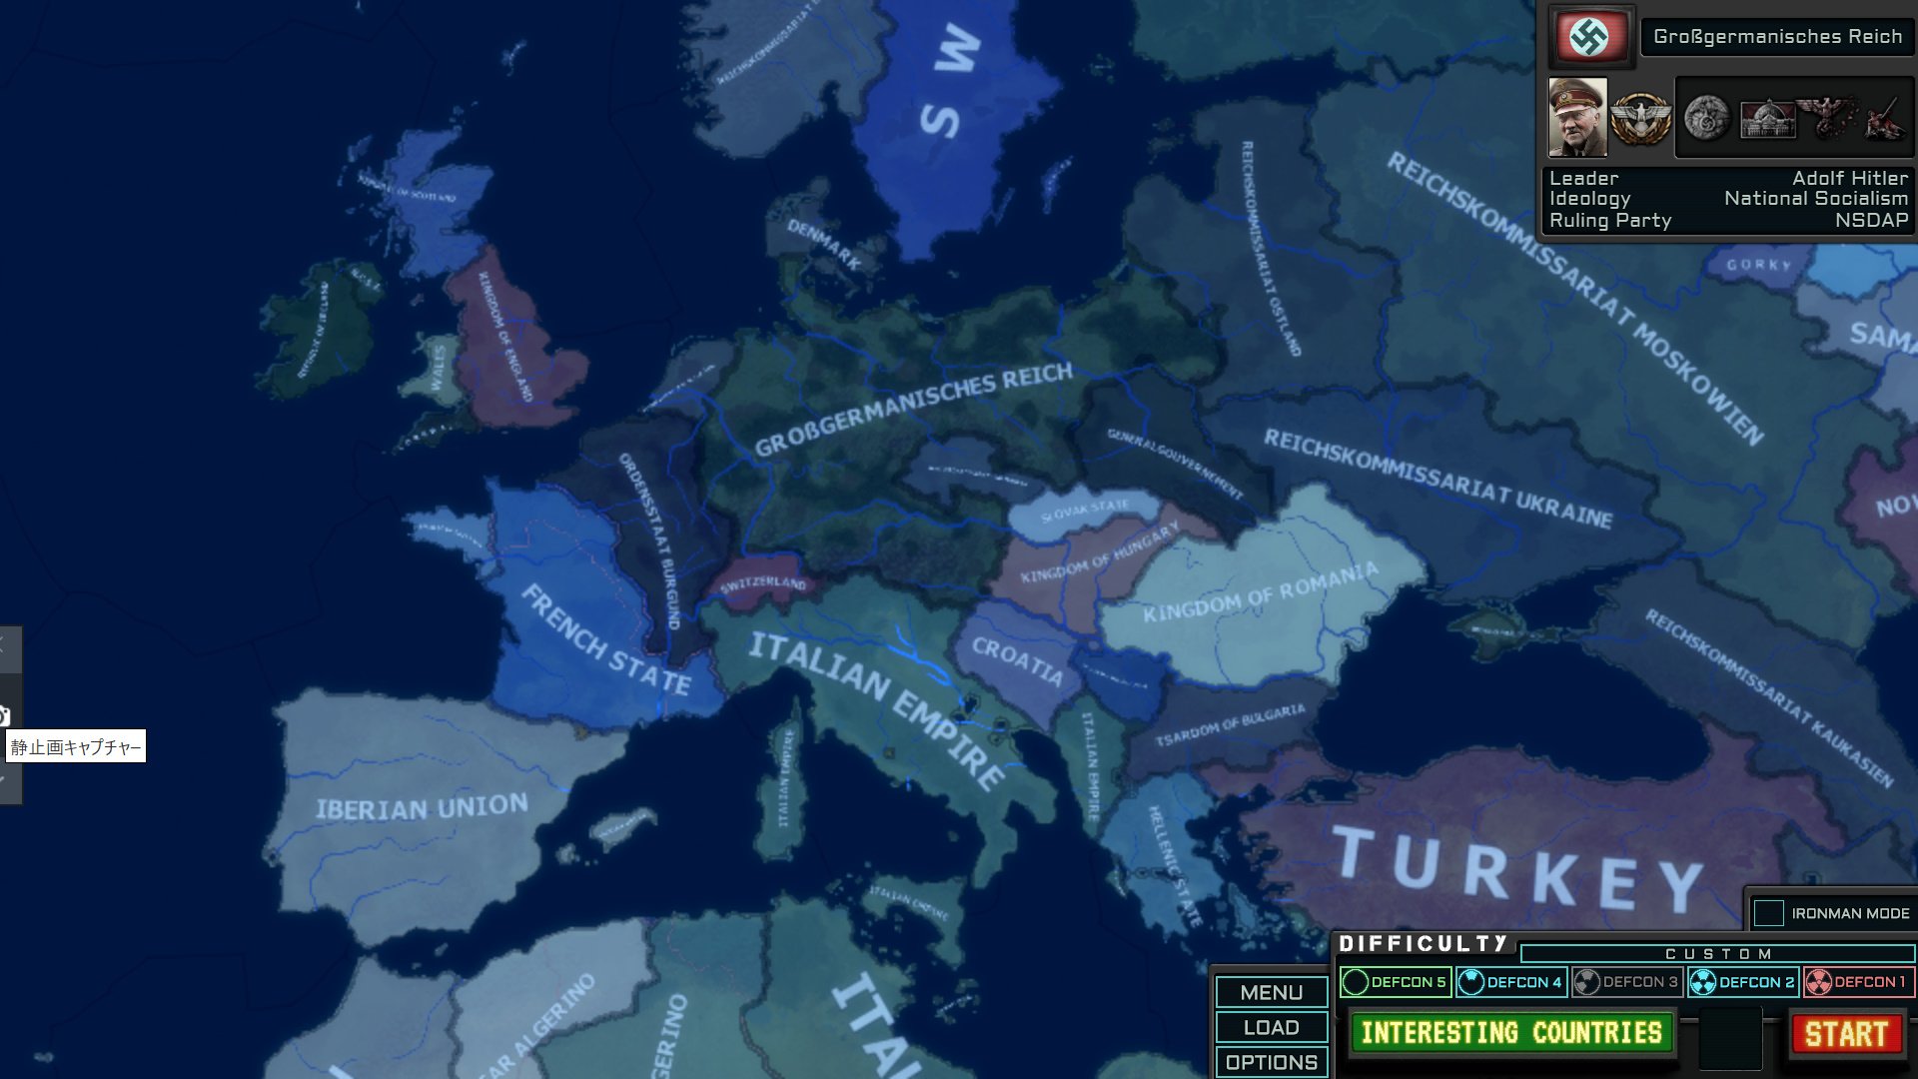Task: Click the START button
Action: [x=1846, y=1034]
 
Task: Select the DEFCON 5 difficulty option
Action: [x=1395, y=982]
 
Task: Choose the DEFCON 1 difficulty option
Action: [x=1858, y=982]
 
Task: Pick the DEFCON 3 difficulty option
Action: [x=1626, y=982]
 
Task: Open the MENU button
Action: [x=1271, y=992]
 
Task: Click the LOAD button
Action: [x=1271, y=1027]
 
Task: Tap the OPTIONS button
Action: [x=1271, y=1062]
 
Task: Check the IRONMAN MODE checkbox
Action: [x=1768, y=913]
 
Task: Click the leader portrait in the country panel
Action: [x=1577, y=118]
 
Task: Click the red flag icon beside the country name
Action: [x=1589, y=37]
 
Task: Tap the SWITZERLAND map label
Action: [x=762, y=583]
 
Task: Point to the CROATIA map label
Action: [x=1017, y=660]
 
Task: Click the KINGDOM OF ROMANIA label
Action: [x=1261, y=591]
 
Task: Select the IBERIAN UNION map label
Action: [x=422, y=807]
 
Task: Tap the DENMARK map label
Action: [x=824, y=244]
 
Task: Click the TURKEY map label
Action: [x=1518, y=867]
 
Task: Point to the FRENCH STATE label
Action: [x=605, y=640]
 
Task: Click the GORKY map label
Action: [x=1758, y=265]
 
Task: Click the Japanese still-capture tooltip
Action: [x=76, y=747]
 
